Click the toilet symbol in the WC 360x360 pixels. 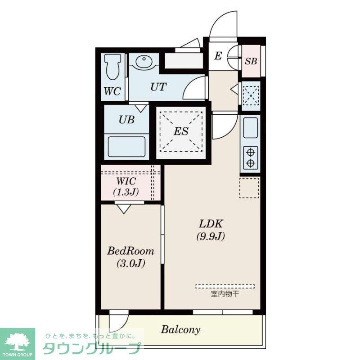click(x=112, y=67)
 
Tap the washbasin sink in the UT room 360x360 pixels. click(x=144, y=61)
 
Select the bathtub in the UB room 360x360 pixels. click(x=126, y=147)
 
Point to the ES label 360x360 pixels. click(x=181, y=131)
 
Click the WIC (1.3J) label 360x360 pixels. click(x=126, y=186)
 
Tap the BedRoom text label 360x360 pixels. click(x=130, y=251)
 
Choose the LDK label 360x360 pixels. click(x=211, y=224)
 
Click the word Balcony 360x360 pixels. click(x=180, y=330)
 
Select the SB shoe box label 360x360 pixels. click(x=251, y=61)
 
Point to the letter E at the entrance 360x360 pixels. click(x=218, y=56)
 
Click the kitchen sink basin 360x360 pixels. click(x=250, y=128)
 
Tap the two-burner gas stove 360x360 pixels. click(x=251, y=158)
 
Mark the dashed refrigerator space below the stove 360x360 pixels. click(x=249, y=187)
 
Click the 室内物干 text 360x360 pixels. click(x=225, y=294)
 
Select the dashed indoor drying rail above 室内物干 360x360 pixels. click(x=225, y=286)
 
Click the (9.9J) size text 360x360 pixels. click(x=211, y=236)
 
